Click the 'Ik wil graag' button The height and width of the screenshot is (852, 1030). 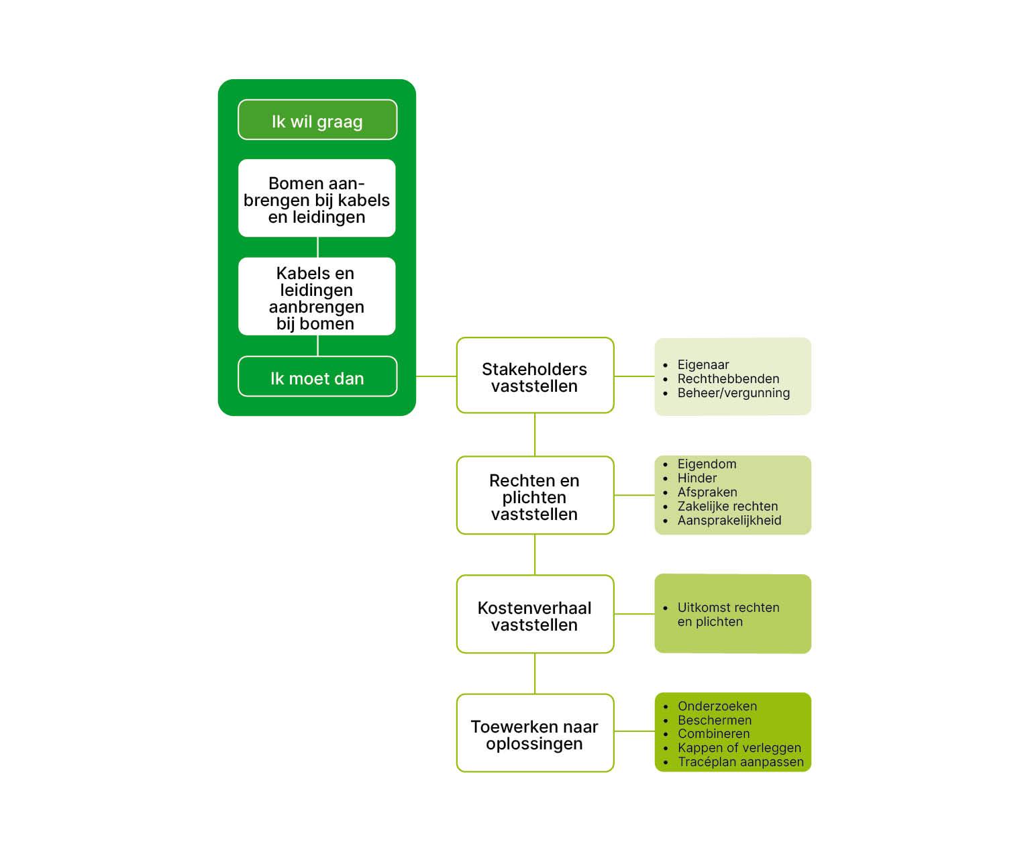(317, 121)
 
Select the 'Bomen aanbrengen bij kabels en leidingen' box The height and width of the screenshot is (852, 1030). (317, 199)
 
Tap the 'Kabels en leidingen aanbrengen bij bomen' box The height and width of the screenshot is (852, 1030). (317, 297)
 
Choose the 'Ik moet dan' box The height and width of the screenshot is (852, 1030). (317, 378)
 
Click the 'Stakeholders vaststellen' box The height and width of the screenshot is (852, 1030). (535, 376)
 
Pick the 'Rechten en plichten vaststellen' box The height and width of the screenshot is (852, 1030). (535, 496)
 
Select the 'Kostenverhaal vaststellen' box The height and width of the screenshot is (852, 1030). (535, 615)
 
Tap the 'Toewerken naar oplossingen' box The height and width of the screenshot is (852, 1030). (535, 734)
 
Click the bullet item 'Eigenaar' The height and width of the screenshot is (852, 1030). (703, 365)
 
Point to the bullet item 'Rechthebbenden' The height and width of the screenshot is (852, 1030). (728, 379)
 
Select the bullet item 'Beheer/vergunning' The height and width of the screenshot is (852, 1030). (733, 393)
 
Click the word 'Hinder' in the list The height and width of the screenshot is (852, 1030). (697, 478)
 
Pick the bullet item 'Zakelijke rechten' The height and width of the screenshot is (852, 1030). (727, 507)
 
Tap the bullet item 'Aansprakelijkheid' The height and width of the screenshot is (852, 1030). (729, 521)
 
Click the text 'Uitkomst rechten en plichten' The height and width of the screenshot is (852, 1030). (728, 615)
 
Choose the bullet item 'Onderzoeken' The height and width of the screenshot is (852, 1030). (717, 706)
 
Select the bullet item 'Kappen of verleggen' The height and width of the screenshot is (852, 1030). (739, 748)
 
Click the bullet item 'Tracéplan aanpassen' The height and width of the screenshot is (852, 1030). (740, 762)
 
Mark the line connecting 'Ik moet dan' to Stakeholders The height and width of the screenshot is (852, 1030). (436, 376)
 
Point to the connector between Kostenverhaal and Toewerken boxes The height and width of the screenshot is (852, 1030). (535, 674)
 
